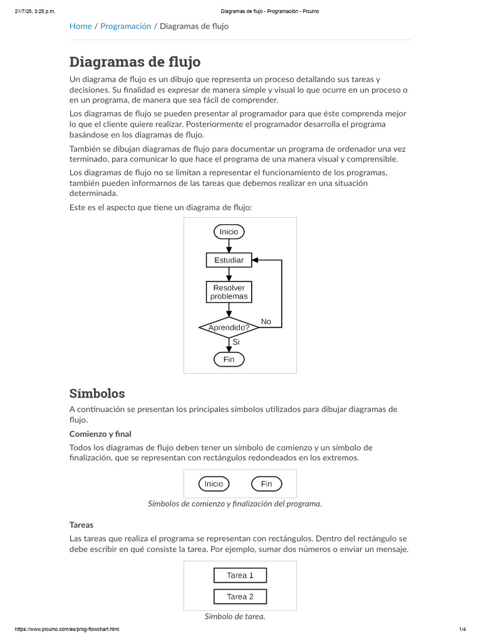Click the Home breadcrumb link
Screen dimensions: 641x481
coord(80,26)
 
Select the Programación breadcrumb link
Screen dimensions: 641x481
coord(126,26)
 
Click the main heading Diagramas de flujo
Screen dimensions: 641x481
coord(135,62)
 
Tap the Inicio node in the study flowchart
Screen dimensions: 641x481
coord(229,232)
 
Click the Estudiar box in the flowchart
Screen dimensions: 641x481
coord(229,260)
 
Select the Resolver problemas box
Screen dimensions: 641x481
coord(229,292)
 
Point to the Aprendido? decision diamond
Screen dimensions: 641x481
coord(229,327)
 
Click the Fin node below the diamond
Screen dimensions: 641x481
coord(229,359)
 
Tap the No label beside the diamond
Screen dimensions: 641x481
coord(266,322)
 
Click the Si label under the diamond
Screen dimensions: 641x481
coord(235,342)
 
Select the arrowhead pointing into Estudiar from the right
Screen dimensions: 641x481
coord(256,260)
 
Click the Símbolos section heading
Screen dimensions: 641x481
coord(97,394)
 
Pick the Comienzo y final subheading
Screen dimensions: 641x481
coord(100,434)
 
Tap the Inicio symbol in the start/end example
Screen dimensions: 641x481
coord(214,484)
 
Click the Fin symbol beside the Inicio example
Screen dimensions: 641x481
coord(266,484)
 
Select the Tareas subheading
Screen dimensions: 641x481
coord(81,525)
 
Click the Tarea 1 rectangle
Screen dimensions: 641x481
coord(240,575)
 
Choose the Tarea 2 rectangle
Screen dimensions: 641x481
coord(240,597)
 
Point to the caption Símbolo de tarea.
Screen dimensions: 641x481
coord(235,617)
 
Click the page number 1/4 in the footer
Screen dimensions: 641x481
coord(462,629)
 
